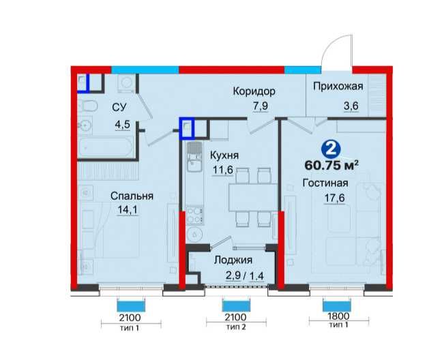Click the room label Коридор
coord(254,91)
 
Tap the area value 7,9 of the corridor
coord(260,106)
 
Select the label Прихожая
coord(338,86)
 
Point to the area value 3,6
coord(351,106)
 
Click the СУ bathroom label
coord(119,107)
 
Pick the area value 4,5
coord(123,125)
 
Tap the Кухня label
coord(224,155)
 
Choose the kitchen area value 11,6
coord(222,170)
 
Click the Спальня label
coord(132,196)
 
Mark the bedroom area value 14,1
coord(128,210)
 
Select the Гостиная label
coord(325,183)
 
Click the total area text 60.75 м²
coord(331,166)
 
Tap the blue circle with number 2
coord(331,149)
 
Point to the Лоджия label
coord(233,260)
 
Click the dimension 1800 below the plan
coord(338,316)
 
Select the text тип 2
coord(236,327)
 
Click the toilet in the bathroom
coord(88,106)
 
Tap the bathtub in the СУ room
coord(106,147)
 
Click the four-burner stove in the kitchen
coord(194,215)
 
